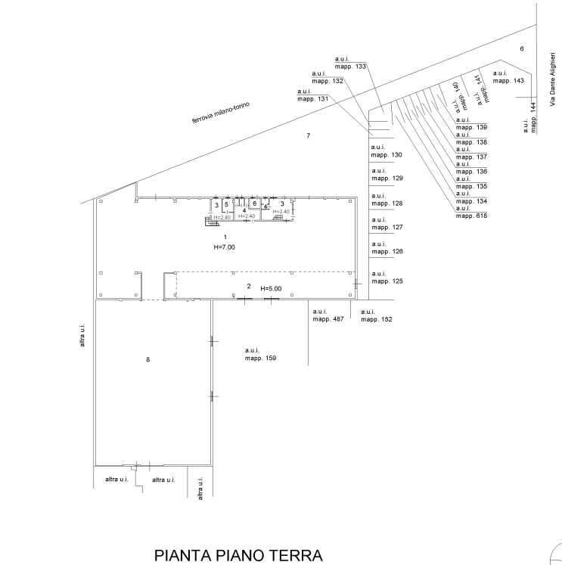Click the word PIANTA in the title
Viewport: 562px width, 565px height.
coord(182,555)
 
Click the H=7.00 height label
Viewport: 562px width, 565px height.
coord(225,247)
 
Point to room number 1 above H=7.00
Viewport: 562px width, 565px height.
coord(225,238)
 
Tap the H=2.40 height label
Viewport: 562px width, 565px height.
coord(281,212)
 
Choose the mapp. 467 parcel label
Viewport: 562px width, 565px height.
coord(328,319)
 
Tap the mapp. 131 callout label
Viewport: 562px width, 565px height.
coord(312,99)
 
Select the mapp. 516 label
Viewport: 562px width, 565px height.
coord(471,216)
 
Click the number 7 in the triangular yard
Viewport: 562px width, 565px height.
coord(308,135)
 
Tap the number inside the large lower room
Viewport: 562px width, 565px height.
coord(147,359)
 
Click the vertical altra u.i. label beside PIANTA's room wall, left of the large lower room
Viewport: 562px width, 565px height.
coord(82,336)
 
